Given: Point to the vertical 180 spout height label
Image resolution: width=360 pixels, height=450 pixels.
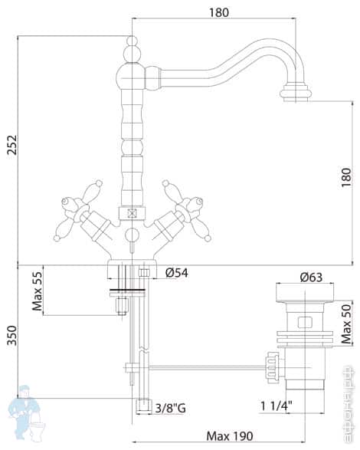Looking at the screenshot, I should pos(347,178).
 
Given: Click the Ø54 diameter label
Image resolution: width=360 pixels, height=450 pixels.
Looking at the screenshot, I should pos(178,272).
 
